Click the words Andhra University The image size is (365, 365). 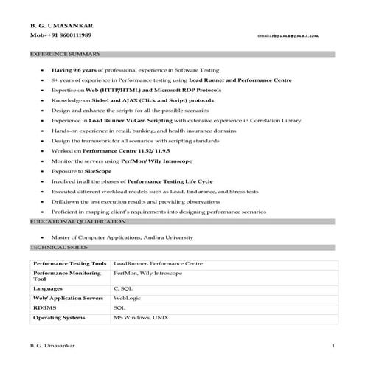(x=167, y=237)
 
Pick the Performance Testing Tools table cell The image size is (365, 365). (x=70, y=263)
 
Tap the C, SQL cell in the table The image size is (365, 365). (x=124, y=288)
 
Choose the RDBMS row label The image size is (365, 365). (x=44, y=307)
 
